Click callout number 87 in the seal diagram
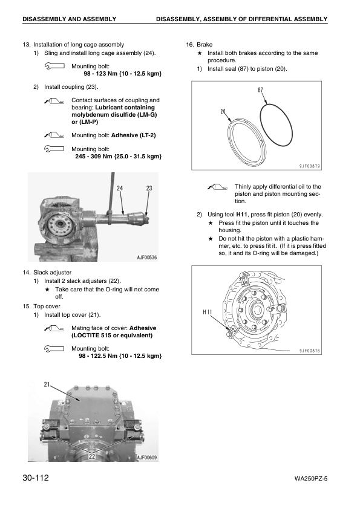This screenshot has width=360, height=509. (260, 91)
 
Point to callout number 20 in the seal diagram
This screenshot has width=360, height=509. (224, 111)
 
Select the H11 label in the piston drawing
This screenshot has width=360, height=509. (208, 312)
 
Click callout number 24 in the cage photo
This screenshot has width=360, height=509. (120, 189)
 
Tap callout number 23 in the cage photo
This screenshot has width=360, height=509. (149, 189)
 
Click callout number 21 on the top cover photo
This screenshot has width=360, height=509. (48, 384)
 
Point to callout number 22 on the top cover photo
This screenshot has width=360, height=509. (92, 456)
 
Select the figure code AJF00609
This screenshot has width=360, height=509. (146, 458)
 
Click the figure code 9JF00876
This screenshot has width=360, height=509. (309, 350)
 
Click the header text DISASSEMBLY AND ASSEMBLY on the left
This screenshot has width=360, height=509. (69, 19)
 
